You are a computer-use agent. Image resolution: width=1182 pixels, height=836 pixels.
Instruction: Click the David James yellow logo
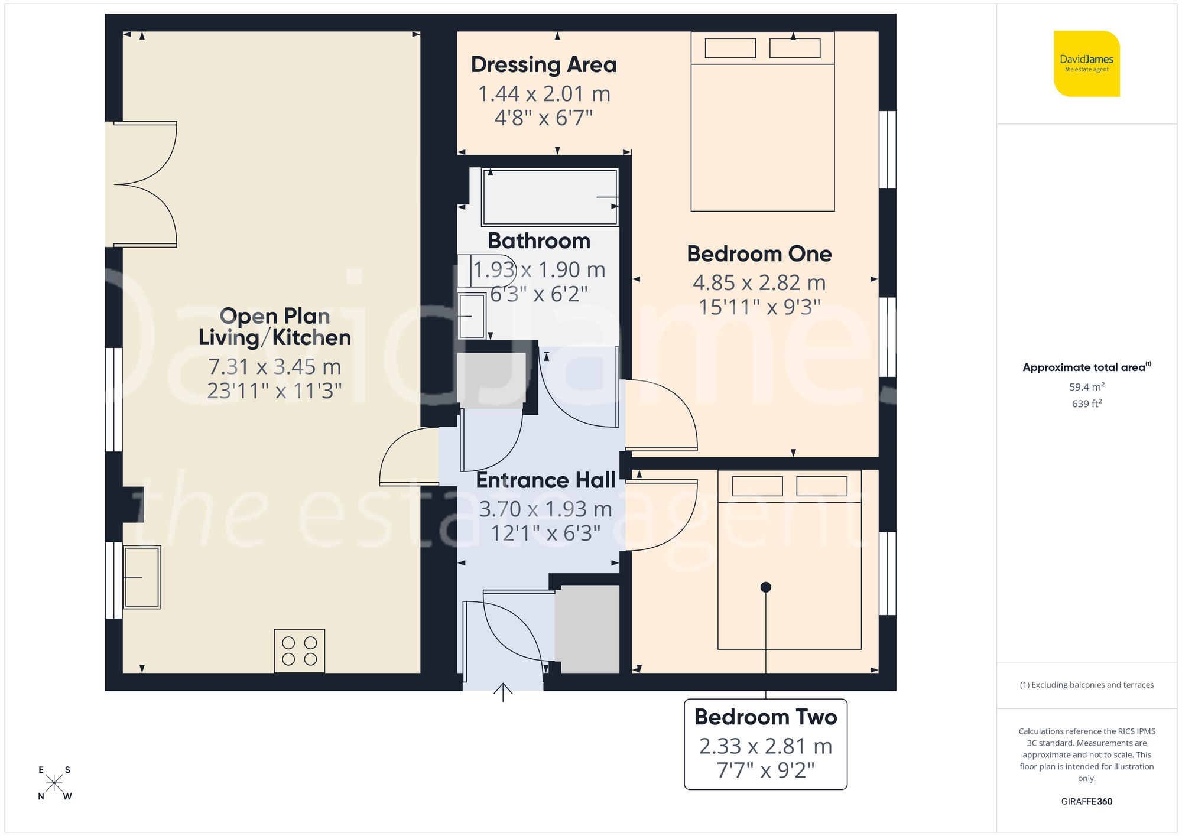point(1086,64)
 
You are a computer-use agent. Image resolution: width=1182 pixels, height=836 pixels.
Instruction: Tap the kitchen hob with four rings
point(299,650)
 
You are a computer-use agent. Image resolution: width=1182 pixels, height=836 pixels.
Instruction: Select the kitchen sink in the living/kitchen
point(142,577)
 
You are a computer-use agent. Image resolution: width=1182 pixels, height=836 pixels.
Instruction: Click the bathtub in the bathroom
point(550,197)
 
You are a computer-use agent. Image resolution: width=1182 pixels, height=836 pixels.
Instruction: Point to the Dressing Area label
point(543,64)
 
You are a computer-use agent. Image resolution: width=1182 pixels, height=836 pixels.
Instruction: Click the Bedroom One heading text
point(759,253)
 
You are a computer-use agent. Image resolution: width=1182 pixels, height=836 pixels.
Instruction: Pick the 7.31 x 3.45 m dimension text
point(274,367)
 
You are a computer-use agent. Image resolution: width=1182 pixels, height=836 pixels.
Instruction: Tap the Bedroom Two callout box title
point(765,717)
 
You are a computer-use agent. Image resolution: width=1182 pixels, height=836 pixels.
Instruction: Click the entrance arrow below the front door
point(503,692)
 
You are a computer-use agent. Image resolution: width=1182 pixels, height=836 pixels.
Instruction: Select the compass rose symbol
point(54,783)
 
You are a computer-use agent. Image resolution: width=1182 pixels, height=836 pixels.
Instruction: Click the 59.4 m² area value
point(1086,387)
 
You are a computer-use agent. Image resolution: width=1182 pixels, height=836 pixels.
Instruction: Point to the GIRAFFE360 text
point(1086,801)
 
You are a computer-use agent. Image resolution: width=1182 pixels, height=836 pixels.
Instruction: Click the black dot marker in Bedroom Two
point(766,587)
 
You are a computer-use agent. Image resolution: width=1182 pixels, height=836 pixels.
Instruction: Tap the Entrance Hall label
point(545,480)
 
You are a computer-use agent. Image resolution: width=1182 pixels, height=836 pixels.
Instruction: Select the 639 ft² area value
point(1086,404)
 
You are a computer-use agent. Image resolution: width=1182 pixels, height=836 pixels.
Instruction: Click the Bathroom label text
point(539,240)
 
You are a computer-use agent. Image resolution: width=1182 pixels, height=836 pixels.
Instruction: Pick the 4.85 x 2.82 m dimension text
point(759,282)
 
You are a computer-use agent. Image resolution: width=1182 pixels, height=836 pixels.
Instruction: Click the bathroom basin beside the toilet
point(472,315)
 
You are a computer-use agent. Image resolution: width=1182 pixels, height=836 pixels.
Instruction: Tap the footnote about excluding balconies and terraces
point(1086,685)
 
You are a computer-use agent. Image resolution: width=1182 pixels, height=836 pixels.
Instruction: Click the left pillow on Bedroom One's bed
point(730,48)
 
